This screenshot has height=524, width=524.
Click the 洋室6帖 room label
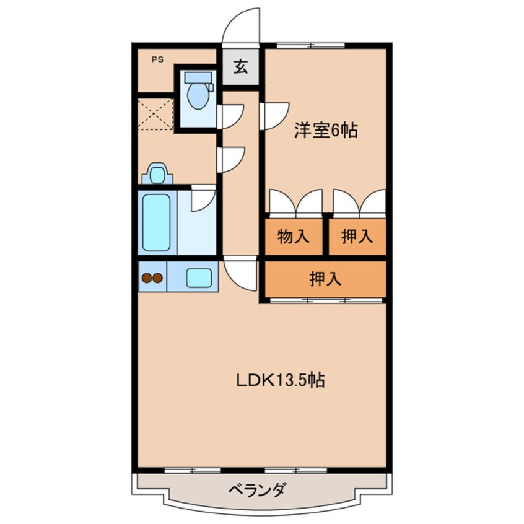pos(326,131)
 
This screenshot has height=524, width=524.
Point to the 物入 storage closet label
pos(293,236)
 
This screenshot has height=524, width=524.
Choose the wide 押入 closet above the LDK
pos(326,279)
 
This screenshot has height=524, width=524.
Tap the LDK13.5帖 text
pos(280,380)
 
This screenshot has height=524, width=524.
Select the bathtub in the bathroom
pos(156,222)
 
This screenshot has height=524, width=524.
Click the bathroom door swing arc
pos(203,199)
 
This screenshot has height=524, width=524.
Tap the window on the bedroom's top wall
pos(310,45)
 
